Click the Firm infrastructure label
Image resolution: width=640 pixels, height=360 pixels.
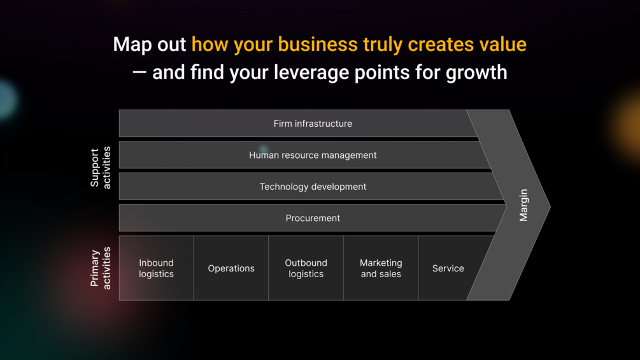pyautogui.click(x=313, y=124)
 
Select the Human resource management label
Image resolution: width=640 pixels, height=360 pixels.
pyautogui.click(x=313, y=155)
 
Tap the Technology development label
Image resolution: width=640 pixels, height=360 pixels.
pyautogui.click(x=313, y=187)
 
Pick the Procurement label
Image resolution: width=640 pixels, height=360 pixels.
pyautogui.click(x=313, y=218)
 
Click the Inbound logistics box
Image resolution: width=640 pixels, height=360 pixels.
pyautogui.click(x=156, y=268)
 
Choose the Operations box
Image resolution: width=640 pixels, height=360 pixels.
pyautogui.click(x=231, y=268)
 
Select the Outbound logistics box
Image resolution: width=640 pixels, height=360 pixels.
pyautogui.click(x=306, y=268)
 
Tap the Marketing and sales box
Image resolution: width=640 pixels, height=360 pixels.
pyautogui.click(x=381, y=268)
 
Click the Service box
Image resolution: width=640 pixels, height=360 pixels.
pyautogui.click(x=448, y=268)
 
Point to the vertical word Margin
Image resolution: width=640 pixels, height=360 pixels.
pyautogui.click(x=523, y=205)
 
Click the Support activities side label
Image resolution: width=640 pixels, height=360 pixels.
pyautogui.click(x=101, y=168)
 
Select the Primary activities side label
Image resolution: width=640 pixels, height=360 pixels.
pyautogui.click(x=101, y=268)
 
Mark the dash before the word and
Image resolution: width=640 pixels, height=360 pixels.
pyautogui.click(x=139, y=73)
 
